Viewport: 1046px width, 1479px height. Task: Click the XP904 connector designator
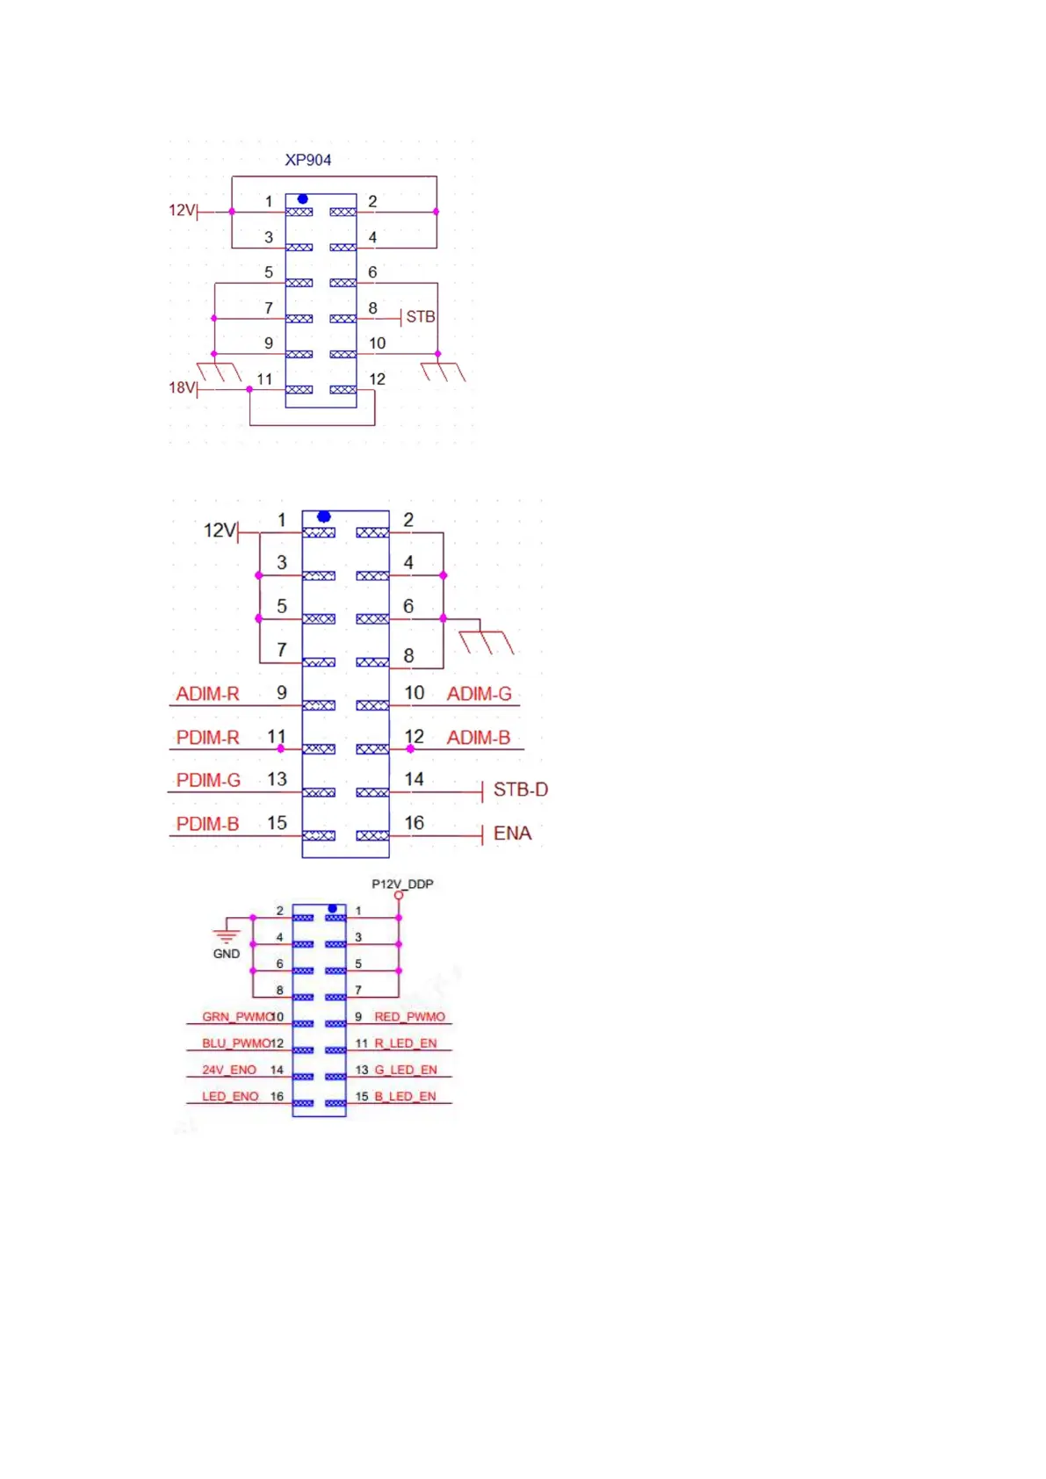(307, 160)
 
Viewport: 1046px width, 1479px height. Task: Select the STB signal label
(420, 316)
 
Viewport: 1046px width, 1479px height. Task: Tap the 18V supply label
(181, 387)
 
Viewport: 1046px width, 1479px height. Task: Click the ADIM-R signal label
(207, 694)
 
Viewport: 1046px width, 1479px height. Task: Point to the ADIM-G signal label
(479, 694)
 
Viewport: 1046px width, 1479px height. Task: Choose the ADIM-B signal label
(478, 738)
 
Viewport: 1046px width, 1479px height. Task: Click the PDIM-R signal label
(207, 738)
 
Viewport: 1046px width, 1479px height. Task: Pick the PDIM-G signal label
(208, 780)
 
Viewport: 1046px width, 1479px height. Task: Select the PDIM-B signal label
(207, 824)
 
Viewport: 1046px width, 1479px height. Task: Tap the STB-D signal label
(520, 790)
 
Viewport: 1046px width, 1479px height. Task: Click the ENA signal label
(512, 833)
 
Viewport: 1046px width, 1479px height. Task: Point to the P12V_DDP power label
(402, 884)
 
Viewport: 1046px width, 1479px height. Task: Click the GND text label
(227, 954)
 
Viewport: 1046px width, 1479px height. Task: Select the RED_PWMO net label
(409, 1017)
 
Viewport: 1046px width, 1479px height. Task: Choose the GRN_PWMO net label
(236, 1017)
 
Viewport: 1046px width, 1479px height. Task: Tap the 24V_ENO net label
(229, 1070)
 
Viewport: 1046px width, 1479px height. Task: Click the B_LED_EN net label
(405, 1096)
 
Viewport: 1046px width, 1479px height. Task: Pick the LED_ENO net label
(230, 1096)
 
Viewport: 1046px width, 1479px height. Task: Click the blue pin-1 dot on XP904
(302, 199)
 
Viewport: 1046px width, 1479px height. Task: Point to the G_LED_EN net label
(405, 1070)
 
